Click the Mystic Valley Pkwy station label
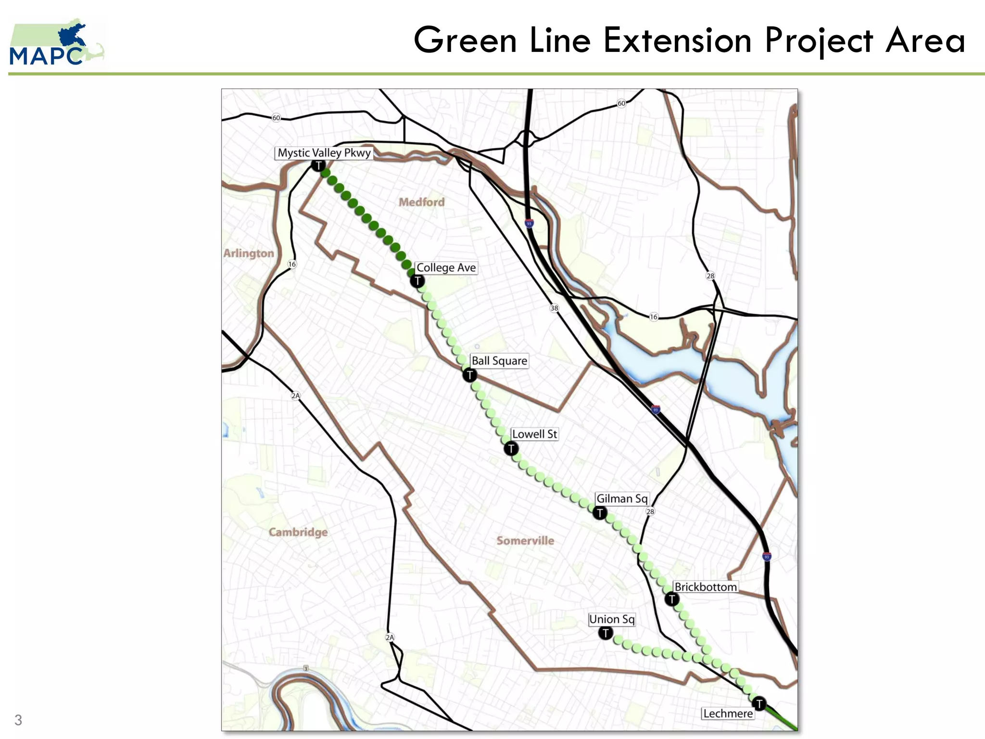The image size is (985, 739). [324, 153]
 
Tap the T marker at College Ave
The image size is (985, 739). [417, 281]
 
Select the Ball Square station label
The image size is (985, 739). [499, 361]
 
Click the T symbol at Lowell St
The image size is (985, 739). [511, 449]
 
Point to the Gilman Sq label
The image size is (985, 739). [622, 498]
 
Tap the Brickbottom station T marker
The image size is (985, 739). [672, 599]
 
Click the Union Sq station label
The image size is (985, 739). [612, 619]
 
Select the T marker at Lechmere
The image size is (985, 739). [759, 703]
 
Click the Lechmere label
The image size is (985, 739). [728, 714]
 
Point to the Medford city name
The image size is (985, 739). [421, 202]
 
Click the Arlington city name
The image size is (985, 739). [249, 253]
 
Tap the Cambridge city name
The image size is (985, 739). [298, 532]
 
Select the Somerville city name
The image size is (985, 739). [525, 541]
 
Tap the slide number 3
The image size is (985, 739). [18, 720]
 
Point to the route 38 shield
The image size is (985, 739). [554, 308]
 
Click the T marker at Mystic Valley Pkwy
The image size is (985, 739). [318, 166]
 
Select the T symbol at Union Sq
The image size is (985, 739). [606, 633]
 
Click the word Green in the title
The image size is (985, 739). [465, 40]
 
